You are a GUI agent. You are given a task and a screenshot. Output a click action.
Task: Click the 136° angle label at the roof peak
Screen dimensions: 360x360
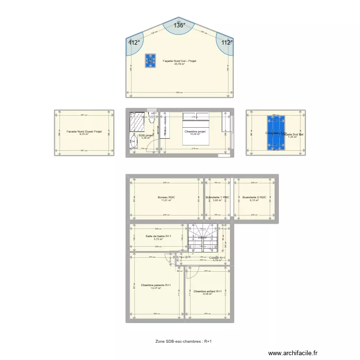tap(180, 26)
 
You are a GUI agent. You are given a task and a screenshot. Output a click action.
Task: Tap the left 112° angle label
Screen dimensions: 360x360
tap(134, 42)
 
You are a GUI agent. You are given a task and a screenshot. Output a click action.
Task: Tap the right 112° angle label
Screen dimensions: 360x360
tap(227, 42)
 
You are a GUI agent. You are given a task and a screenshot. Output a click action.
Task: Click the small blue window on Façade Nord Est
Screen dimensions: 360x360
tap(151, 60)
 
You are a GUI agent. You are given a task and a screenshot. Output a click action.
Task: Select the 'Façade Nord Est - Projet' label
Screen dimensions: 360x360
tap(180, 61)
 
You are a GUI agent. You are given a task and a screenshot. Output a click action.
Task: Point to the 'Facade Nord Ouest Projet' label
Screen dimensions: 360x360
tap(84, 131)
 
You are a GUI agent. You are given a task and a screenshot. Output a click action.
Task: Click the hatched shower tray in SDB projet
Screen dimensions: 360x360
tap(138, 122)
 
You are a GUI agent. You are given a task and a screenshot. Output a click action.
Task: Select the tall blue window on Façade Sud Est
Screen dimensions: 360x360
tap(276, 133)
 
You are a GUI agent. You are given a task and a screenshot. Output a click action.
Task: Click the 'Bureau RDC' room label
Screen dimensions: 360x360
tap(166, 197)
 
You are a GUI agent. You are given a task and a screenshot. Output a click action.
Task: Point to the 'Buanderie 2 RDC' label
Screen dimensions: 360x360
tap(254, 197)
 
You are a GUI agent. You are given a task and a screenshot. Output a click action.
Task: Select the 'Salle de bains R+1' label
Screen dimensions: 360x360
tap(158, 236)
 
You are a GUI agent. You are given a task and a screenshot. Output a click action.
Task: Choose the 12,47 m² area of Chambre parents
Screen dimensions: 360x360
tap(156, 288)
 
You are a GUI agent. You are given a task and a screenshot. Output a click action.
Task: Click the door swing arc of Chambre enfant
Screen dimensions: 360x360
tap(191, 272)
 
